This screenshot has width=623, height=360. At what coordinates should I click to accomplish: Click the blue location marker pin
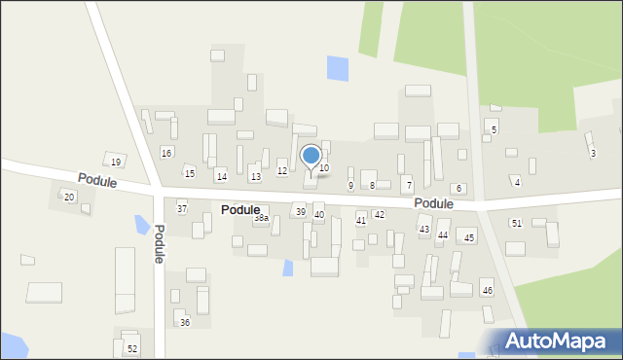(x=311, y=157)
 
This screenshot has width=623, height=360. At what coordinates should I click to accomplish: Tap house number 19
(x=115, y=162)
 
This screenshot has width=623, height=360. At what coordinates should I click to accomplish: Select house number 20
(x=68, y=197)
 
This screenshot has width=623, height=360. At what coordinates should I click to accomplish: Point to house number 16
(x=166, y=153)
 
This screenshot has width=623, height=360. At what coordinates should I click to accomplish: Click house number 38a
(x=261, y=218)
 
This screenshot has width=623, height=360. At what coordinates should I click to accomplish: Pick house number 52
(x=132, y=348)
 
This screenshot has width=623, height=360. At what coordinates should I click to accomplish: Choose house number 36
(x=185, y=322)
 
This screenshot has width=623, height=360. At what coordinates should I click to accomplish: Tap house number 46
(x=487, y=291)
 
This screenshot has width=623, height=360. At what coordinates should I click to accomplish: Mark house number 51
(x=516, y=223)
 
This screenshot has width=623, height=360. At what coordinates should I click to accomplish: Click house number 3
(x=593, y=153)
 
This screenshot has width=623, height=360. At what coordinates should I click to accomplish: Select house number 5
(x=494, y=129)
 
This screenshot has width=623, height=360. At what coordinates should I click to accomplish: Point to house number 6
(x=458, y=188)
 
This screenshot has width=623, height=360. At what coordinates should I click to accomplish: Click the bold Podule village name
(x=240, y=209)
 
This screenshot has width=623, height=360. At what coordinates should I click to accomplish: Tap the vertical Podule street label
(x=159, y=243)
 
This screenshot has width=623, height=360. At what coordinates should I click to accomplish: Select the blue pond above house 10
(x=337, y=68)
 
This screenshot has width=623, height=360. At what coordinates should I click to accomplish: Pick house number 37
(x=181, y=209)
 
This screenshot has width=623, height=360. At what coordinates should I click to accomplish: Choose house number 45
(x=469, y=237)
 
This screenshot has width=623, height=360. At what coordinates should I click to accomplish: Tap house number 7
(x=408, y=185)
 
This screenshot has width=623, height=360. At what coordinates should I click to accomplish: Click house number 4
(x=517, y=182)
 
